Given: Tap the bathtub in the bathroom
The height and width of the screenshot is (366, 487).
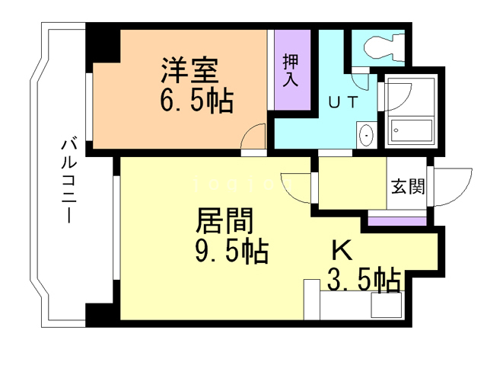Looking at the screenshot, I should [x=411, y=131].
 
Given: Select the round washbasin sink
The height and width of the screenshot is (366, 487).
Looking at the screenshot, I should [x=367, y=136].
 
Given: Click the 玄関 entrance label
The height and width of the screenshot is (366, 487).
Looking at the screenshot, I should [x=408, y=186].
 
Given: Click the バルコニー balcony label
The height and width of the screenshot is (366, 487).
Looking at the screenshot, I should [x=68, y=179].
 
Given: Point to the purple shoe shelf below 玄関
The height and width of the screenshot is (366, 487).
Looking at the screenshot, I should [x=397, y=221].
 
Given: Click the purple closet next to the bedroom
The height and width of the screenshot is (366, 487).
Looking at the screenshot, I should [x=291, y=70].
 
